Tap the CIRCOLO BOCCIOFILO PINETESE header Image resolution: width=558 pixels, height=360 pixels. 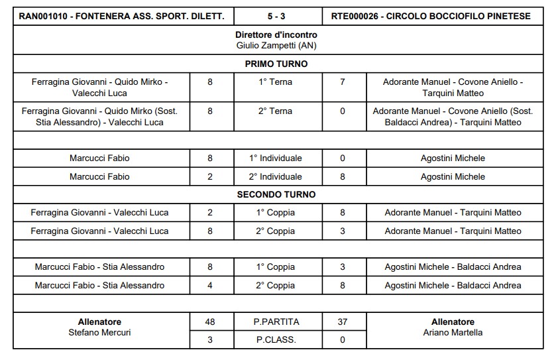pyautogui.click(x=455, y=16)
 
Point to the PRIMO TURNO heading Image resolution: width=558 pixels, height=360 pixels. pyautogui.click(x=276, y=64)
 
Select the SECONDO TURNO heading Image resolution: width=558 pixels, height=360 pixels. pyautogui.click(x=276, y=195)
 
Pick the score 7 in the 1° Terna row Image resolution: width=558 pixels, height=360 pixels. pyautogui.click(x=343, y=82)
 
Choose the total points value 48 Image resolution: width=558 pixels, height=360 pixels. pyautogui.click(x=210, y=322)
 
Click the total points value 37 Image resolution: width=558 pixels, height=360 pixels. pyautogui.click(x=343, y=322)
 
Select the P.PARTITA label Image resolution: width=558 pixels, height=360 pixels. pyautogui.click(x=276, y=322)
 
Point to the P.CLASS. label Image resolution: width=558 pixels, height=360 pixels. pyautogui.click(x=276, y=340)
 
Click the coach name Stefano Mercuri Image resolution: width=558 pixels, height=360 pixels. pyautogui.click(x=100, y=332)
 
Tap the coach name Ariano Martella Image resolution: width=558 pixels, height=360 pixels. pyautogui.click(x=453, y=332)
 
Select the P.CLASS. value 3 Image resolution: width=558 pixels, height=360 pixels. pyautogui.click(x=210, y=340)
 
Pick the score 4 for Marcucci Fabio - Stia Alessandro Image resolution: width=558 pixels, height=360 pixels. pyautogui.click(x=210, y=285)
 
